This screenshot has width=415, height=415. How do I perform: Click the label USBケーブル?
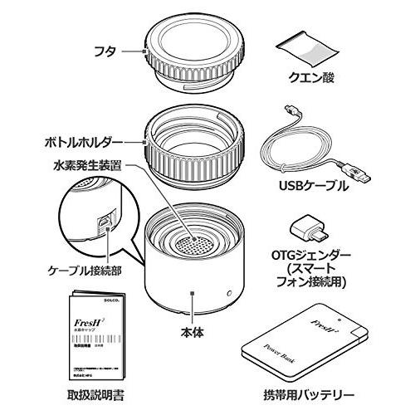[322, 187]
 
